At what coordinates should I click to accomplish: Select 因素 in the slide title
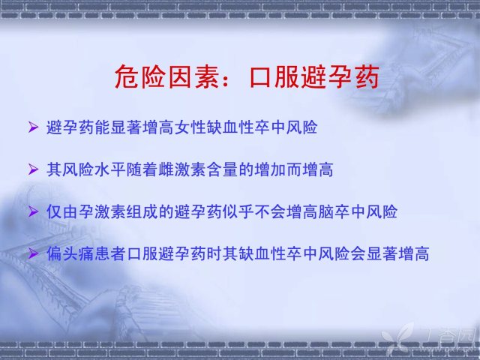(193, 76)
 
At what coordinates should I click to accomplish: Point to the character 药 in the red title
(367, 76)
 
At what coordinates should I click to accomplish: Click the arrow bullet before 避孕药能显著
(33, 127)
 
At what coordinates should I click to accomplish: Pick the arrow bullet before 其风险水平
(33, 169)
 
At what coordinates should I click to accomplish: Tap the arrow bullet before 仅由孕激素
(33, 211)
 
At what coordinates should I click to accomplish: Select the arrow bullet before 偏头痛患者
(33, 253)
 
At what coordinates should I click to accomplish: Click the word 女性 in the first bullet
(190, 127)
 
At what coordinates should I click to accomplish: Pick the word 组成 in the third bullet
(142, 211)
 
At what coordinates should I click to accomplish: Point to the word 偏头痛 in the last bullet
(70, 253)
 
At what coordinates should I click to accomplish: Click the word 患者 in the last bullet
(110, 253)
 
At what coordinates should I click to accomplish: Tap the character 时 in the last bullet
(214, 253)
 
